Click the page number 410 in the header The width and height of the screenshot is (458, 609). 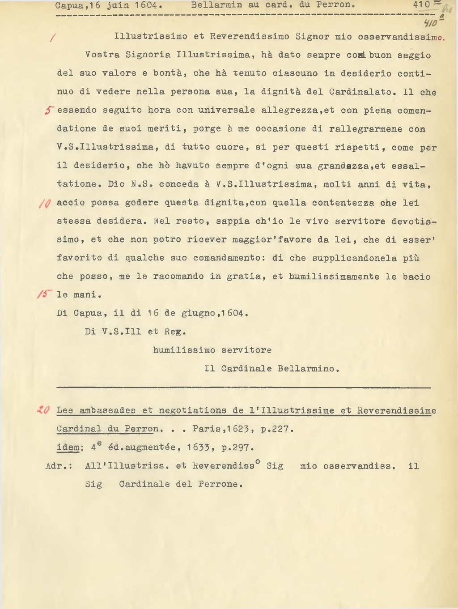pyautogui.click(x=422, y=5)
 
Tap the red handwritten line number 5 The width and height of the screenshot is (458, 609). pyautogui.click(x=49, y=110)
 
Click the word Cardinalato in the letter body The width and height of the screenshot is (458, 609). pyautogui.click(x=362, y=92)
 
